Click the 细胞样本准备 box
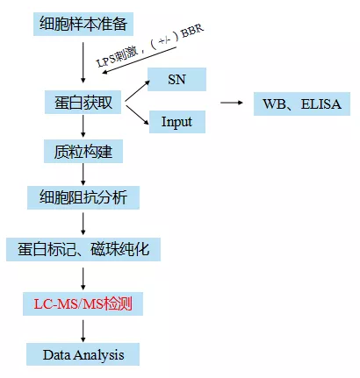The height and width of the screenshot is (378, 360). pos(83,24)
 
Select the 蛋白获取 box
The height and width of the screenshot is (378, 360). pos(83,103)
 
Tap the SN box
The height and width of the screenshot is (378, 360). pos(176,80)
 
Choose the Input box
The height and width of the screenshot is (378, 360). pos(177,122)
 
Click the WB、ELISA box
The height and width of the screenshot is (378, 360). pos(302,103)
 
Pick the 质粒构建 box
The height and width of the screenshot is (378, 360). pos(83,151)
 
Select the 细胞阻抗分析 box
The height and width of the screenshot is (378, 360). pos(83,197)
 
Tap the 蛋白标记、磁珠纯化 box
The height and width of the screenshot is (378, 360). pos(83,249)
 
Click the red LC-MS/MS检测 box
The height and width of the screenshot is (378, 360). pos(83,303)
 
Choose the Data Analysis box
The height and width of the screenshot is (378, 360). pos(83,354)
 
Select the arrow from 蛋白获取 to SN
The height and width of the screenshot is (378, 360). pos(138,90)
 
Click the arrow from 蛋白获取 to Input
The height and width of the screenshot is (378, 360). pos(138,115)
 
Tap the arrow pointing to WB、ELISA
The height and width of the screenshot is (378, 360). pos(232,103)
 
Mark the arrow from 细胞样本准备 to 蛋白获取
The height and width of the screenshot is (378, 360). pos(83,62)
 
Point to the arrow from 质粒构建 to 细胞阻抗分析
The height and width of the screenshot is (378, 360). pos(83,175)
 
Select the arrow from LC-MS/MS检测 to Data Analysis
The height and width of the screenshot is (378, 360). pos(83,331)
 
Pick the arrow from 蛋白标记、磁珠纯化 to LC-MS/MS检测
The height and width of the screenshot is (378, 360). pos(83,279)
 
